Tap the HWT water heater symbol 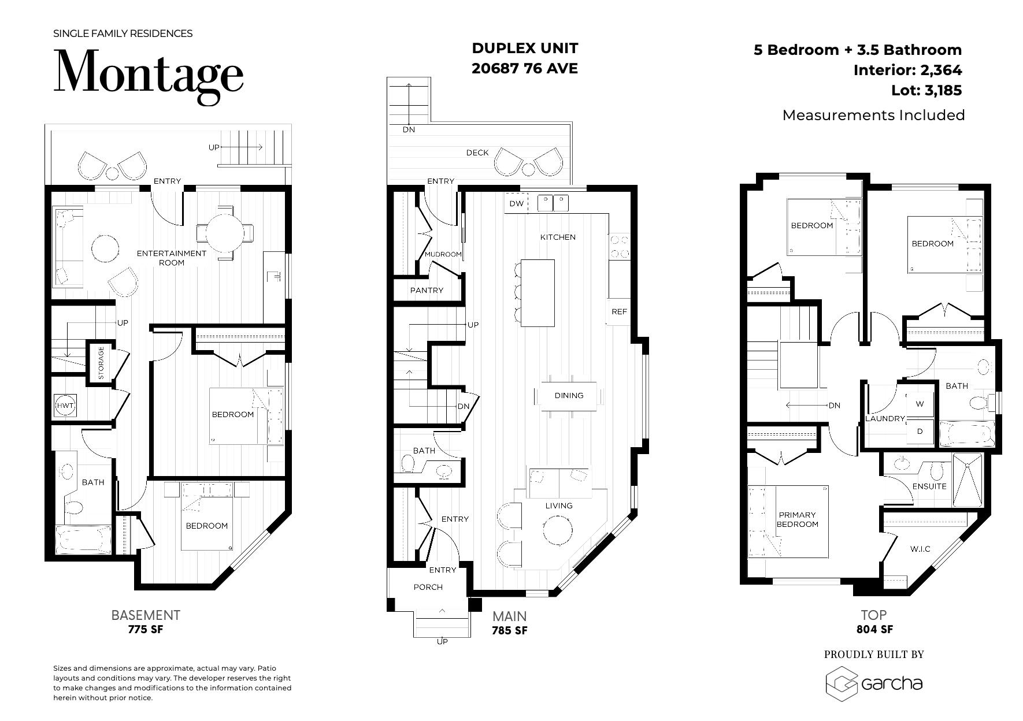[65, 406]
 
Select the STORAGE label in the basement [101, 363]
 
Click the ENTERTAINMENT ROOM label [171, 258]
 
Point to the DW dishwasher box [516, 203]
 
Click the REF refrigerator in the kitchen [619, 311]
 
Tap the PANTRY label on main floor [427, 290]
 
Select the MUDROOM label [443, 254]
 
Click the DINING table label [569, 395]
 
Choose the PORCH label [428, 587]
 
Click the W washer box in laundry [920, 404]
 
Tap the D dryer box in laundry [920, 431]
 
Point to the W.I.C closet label [920, 548]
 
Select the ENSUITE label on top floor [929, 486]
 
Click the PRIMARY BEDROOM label [797, 519]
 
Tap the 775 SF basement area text [146, 629]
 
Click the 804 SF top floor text [874, 629]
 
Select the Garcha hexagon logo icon [841, 683]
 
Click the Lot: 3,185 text [926, 90]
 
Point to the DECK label [477, 153]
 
